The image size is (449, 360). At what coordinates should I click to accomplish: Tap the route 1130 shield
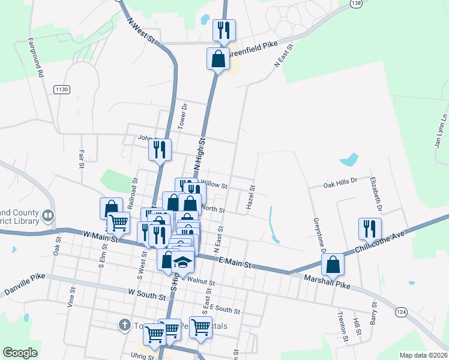coord(61,89)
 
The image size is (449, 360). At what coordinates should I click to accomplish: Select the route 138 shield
coord(356,4)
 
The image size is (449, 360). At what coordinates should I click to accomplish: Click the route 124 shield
coord(402,312)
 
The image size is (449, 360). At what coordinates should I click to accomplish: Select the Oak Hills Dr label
coord(340,180)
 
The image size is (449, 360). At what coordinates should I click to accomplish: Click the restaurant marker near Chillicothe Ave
coord(370,229)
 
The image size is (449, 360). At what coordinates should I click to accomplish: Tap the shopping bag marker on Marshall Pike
coord(332,264)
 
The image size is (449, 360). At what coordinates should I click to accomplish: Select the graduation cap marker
coord(183,263)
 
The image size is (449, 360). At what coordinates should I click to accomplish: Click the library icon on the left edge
coord(47,215)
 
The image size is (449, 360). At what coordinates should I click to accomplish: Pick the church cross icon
coord(124,325)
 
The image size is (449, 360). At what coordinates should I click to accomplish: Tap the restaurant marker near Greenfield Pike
coord(224,30)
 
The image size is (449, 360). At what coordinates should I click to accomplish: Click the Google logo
coord(20,353)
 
